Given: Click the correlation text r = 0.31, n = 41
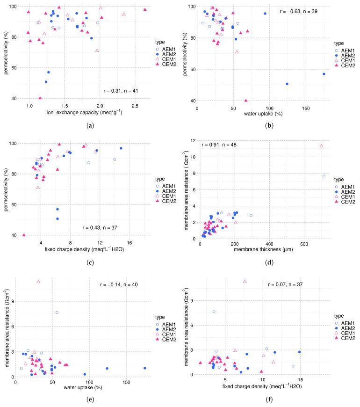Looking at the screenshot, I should (x=121, y=90).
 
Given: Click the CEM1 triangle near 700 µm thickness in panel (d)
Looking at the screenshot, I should (x=321, y=146).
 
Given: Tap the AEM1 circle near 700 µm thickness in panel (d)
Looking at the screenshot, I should (x=324, y=176).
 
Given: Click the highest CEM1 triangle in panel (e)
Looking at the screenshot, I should (x=38, y=281).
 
